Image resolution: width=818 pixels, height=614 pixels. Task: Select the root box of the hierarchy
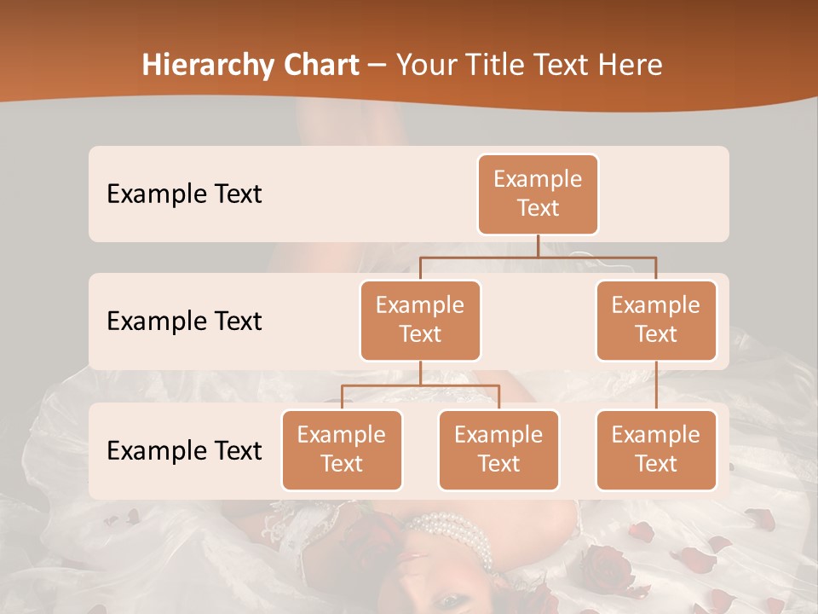point(538,194)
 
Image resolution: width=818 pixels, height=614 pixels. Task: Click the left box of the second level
point(420,320)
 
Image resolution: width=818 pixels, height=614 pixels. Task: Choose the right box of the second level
point(656,320)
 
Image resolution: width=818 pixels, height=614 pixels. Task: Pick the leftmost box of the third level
point(342,449)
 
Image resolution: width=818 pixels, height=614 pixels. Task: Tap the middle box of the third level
point(498,449)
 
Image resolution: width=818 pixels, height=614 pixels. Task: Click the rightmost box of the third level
point(656,449)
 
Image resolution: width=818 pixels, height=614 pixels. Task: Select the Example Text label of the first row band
point(184,194)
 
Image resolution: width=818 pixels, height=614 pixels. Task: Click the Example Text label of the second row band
point(184,321)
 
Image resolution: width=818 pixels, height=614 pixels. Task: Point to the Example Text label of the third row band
point(184,450)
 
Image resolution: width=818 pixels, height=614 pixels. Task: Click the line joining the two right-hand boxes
point(656,385)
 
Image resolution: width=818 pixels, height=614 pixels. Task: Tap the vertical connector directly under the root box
point(538,246)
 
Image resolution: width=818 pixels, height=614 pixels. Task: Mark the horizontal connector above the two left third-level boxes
point(420,385)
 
